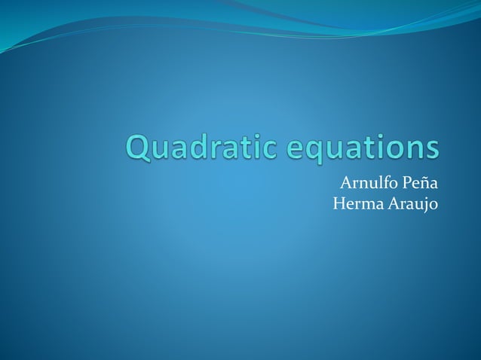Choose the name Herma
[x=356, y=203]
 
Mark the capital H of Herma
[x=339, y=203]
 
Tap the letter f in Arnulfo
[x=384, y=182]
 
